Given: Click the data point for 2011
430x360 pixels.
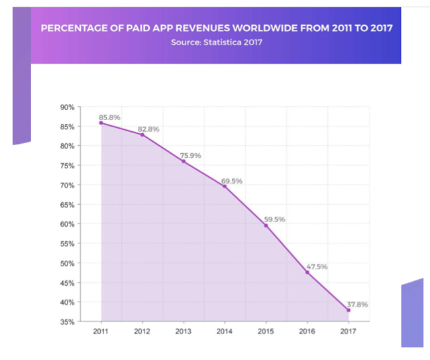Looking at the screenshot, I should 101,123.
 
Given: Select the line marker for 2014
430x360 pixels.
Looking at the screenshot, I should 225,186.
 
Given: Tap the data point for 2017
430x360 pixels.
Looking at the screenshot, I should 348,310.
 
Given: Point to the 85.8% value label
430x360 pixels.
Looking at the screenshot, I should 109,117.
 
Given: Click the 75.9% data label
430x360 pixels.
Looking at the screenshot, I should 191,156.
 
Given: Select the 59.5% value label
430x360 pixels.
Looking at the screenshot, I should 275,219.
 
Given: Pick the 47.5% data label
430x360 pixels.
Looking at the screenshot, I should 317,267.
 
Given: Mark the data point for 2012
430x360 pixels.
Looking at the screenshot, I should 142,135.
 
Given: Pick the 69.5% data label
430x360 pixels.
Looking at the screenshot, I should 233,180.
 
